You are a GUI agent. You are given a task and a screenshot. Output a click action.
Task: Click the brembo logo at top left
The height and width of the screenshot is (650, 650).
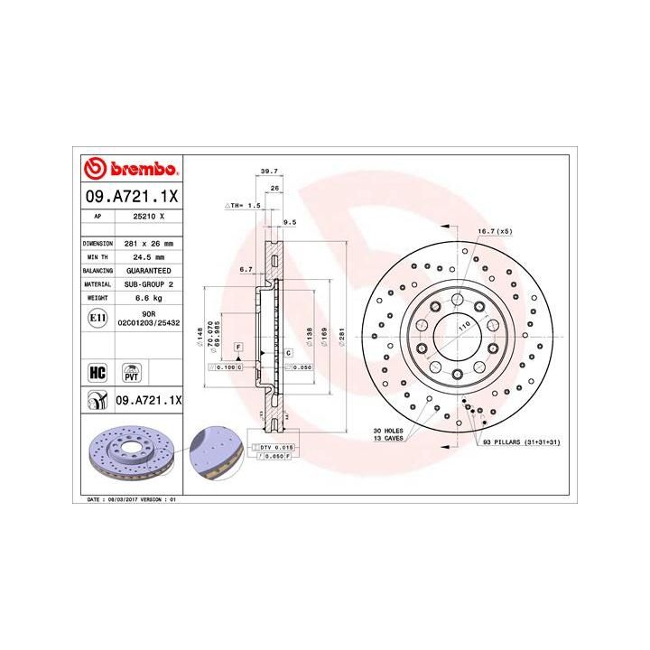[x=133, y=169]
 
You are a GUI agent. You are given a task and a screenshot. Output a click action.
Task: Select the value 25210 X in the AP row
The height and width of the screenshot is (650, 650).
[x=150, y=217]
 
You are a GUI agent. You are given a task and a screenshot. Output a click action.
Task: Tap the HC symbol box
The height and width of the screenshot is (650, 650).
[x=97, y=370]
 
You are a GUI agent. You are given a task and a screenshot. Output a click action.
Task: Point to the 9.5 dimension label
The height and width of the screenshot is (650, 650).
[x=290, y=221]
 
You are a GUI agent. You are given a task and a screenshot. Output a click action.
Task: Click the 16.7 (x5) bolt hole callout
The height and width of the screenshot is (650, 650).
[x=495, y=231]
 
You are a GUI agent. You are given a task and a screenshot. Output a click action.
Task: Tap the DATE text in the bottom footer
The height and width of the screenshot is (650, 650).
[x=93, y=498]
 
